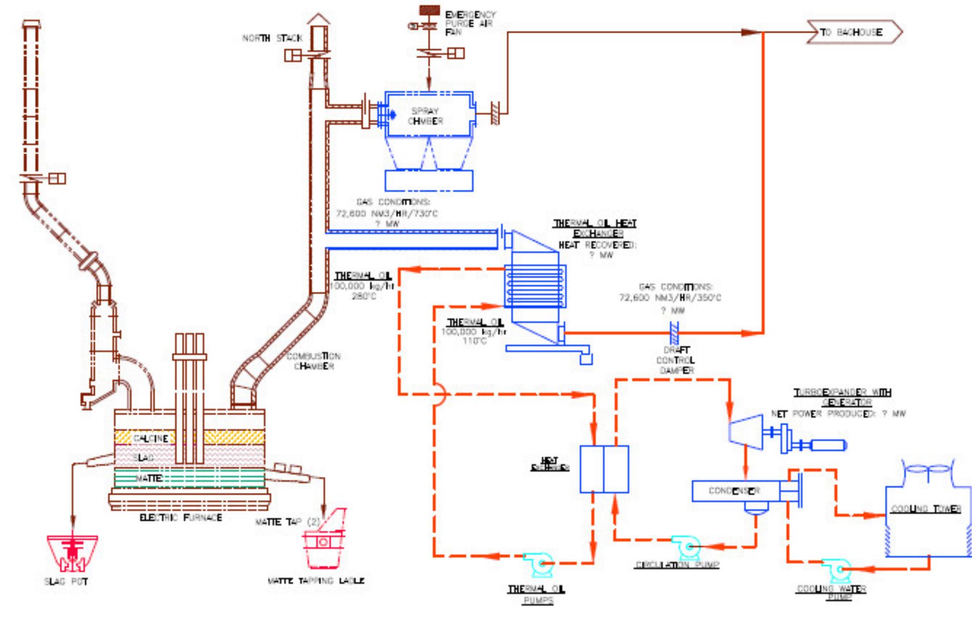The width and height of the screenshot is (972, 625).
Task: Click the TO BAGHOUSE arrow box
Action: click(x=853, y=32)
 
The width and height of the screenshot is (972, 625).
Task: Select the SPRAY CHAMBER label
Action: click(x=425, y=116)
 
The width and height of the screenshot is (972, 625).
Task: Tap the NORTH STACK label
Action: click(x=272, y=38)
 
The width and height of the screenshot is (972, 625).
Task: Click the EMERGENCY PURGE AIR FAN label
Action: click(x=470, y=23)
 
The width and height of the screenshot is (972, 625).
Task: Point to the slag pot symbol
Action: click(x=72, y=553)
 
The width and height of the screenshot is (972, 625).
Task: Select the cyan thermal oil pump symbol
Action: click(x=538, y=564)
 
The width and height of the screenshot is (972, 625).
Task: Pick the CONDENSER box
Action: click(x=735, y=491)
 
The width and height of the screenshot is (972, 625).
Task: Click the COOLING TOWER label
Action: click(x=926, y=509)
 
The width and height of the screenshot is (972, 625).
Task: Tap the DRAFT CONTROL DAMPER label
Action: click(x=676, y=360)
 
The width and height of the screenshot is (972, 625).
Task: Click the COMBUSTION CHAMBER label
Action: click(x=314, y=361)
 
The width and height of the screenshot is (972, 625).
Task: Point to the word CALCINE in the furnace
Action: click(x=150, y=438)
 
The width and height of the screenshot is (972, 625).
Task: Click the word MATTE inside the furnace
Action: click(x=149, y=478)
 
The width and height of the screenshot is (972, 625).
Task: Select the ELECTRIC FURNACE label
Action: click(x=181, y=517)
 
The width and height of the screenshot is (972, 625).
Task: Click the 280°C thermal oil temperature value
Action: click(x=364, y=296)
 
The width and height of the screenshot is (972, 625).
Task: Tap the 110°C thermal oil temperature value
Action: click(x=474, y=341)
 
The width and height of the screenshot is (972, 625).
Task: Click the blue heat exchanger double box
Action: click(x=604, y=469)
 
